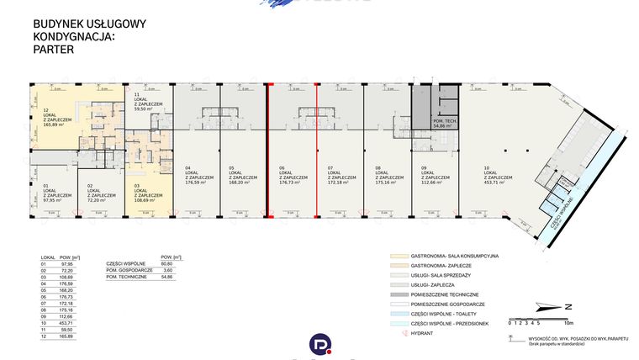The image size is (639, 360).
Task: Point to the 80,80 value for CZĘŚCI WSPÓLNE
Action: coord(166,262)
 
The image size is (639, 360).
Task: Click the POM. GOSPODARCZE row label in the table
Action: coord(126,269)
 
